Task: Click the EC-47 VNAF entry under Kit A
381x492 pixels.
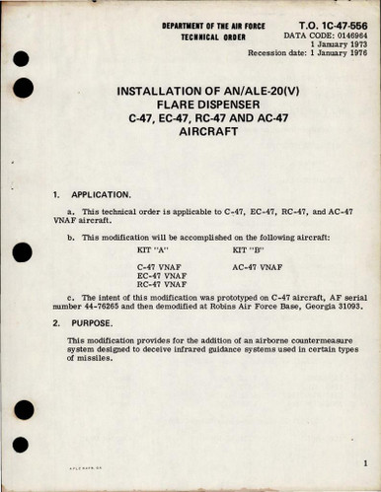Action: (x=163, y=278)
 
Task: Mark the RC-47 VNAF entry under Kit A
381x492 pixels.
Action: (x=163, y=288)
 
